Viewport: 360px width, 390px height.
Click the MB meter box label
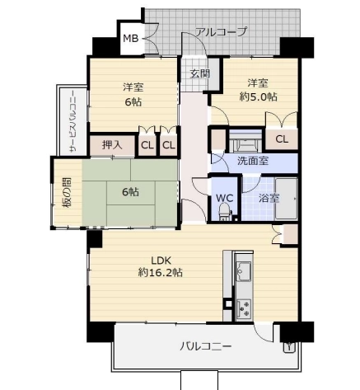130,39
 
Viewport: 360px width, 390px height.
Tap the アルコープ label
221,31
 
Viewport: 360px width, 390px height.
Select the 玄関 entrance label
200,73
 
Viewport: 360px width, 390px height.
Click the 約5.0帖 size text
258,96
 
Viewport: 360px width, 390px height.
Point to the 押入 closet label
112,145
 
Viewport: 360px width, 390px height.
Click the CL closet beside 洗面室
282,139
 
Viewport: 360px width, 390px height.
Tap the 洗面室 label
253,161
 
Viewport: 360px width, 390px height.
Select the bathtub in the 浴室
287,199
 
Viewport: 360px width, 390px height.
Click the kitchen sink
243,270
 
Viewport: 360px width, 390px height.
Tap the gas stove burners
244,308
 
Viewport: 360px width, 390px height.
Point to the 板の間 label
66,192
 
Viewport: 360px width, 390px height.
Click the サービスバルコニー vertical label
73,122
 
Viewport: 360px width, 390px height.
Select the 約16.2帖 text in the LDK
161,273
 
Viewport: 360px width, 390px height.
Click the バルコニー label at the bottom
206,346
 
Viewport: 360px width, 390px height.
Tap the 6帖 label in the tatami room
130,192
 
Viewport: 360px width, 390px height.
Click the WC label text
224,198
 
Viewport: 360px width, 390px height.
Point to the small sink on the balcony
289,347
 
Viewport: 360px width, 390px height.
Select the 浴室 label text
269,198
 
